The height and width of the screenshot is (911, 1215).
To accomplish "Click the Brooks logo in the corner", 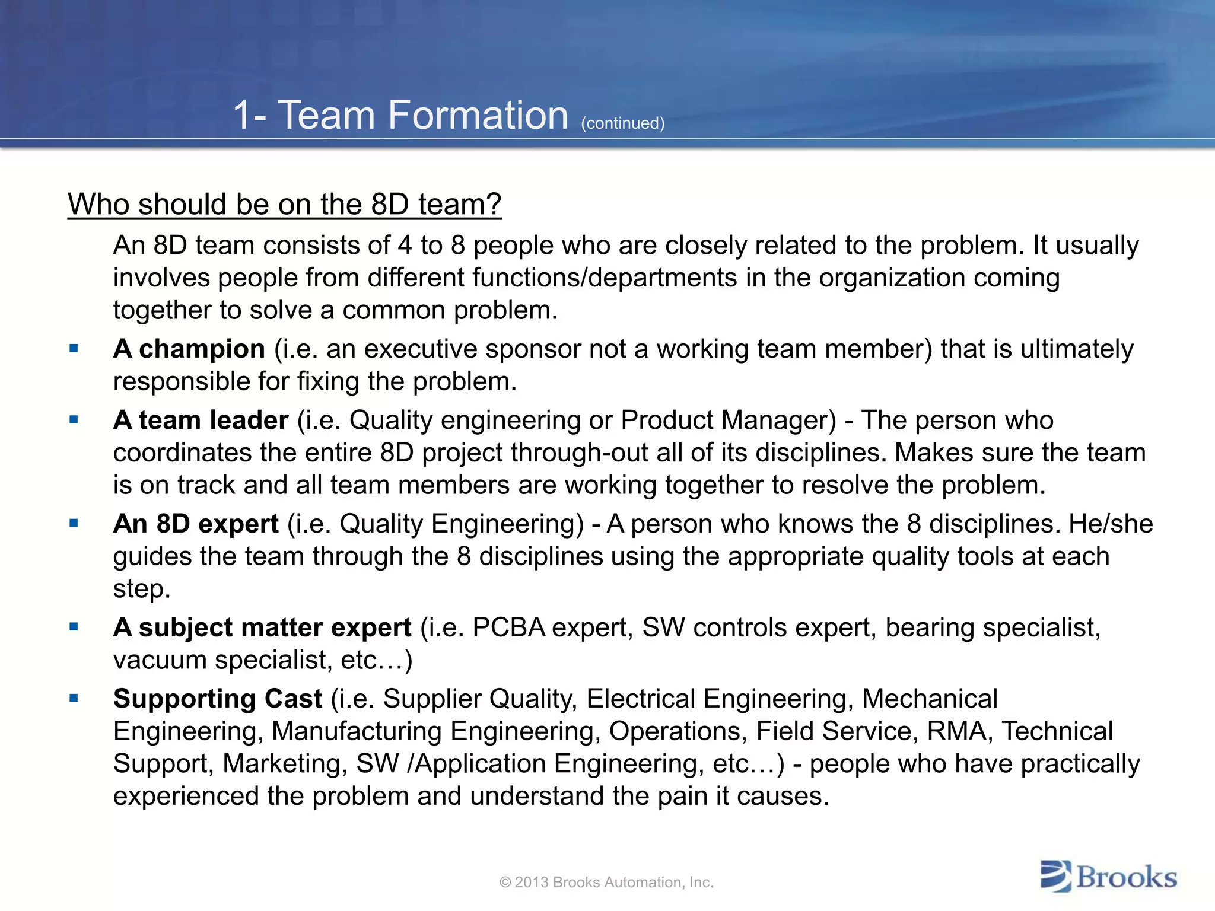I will pyautogui.click(x=1108, y=877).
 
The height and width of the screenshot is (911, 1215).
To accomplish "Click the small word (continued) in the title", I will pyautogui.click(x=622, y=123).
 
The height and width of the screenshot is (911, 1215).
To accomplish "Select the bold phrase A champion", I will pyautogui.click(x=189, y=349).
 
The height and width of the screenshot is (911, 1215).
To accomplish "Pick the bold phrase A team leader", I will pyautogui.click(x=201, y=420).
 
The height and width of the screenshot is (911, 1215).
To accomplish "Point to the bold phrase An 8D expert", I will pyautogui.click(x=196, y=524).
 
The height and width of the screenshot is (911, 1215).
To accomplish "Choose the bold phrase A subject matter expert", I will pyautogui.click(x=262, y=627).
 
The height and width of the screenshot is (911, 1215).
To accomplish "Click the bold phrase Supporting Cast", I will pyautogui.click(x=218, y=699).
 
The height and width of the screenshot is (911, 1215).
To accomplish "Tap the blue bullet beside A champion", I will pyautogui.click(x=74, y=349).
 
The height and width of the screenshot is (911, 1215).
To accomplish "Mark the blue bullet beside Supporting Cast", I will pyautogui.click(x=74, y=699).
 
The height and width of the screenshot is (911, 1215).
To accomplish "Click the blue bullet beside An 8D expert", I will pyautogui.click(x=74, y=524).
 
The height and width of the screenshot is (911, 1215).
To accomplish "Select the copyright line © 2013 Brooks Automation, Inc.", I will pyautogui.click(x=606, y=883).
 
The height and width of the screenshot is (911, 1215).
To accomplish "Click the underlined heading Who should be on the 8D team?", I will pyautogui.click(x=285, y=205).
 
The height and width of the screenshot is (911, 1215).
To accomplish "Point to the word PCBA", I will pyautogui.click(x=508, y=627).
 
